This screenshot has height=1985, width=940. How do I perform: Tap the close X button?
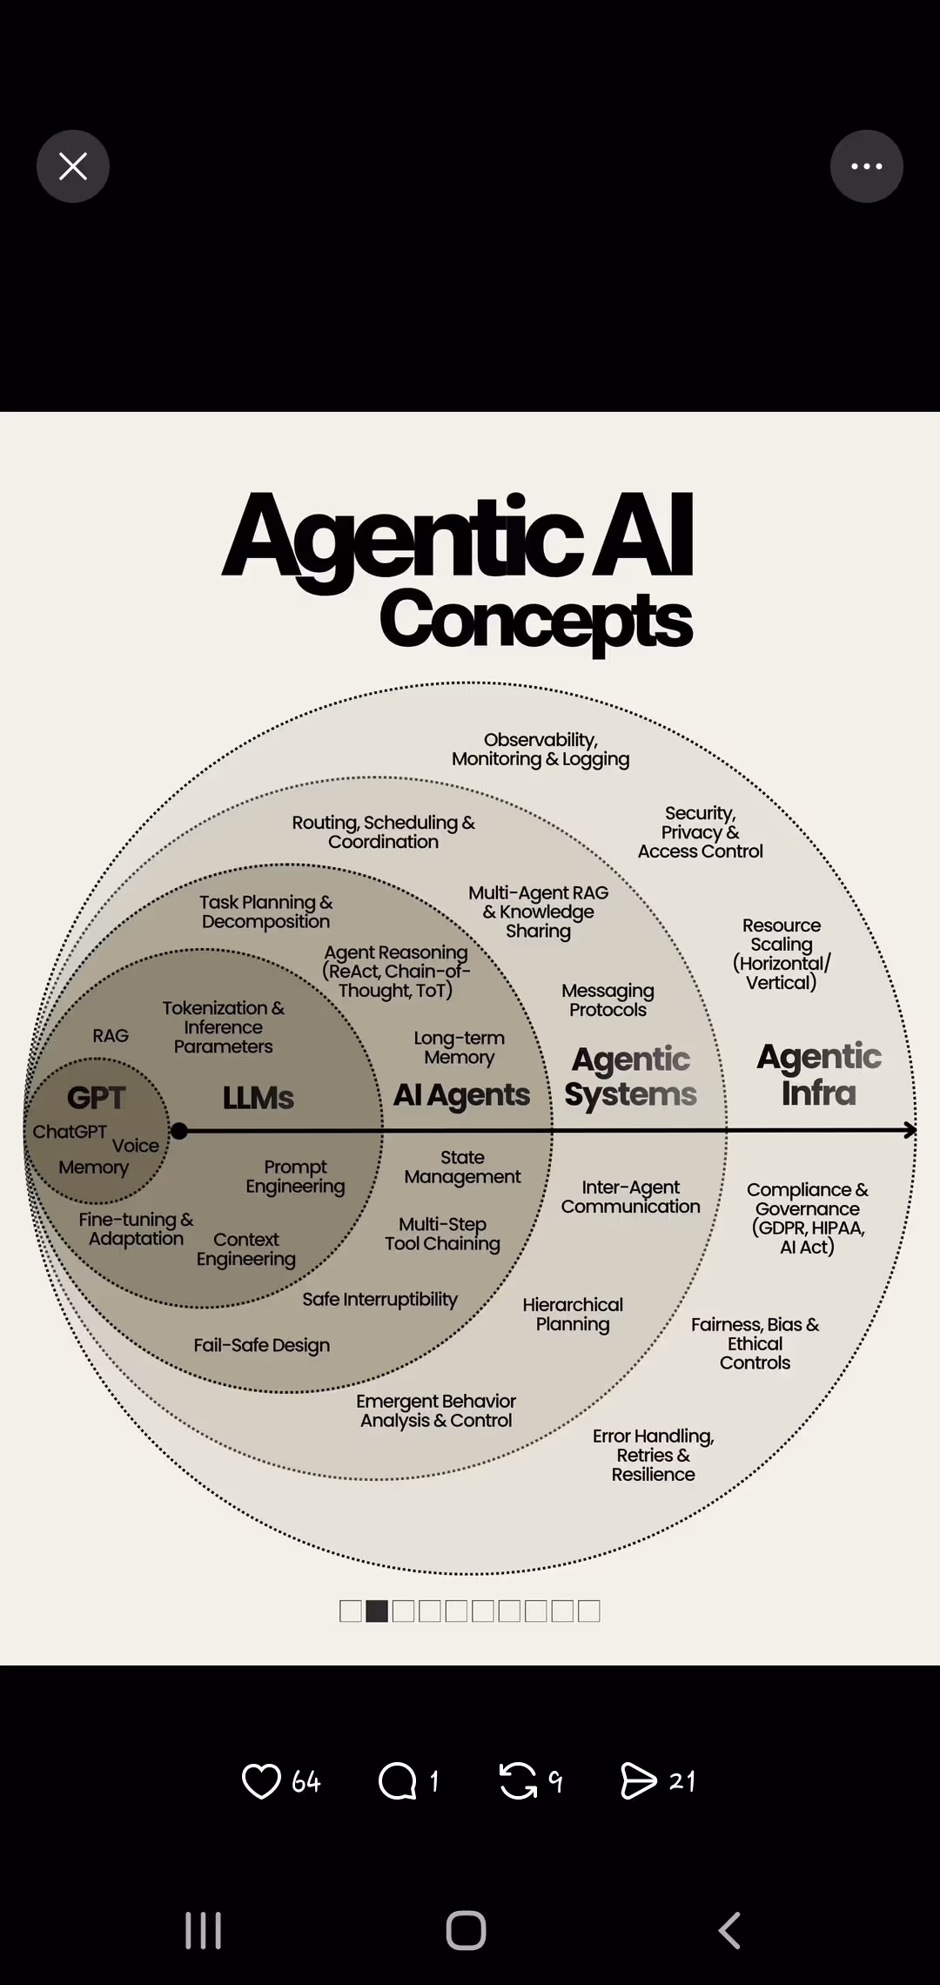click(73, 166)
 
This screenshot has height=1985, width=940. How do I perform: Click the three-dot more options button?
click(866, 166)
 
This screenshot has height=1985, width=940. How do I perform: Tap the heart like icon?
click(261, 1781)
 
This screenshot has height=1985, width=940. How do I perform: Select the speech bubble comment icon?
click(398, 1781)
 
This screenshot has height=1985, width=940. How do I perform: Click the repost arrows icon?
click(519, 1781)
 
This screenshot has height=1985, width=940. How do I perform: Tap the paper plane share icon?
click(639, 1781)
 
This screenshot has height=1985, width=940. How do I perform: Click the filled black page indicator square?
click(377, 1612)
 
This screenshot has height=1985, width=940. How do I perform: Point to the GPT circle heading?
click(97, 1098)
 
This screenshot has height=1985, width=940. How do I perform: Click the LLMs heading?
click(258, 1098)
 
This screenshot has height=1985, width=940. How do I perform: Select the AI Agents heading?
click(461, 1095)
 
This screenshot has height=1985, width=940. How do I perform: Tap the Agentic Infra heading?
click(819, 1074)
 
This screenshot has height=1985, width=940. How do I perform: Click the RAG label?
click(111, 1036)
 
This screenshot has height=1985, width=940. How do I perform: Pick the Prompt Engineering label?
click(295, 1177)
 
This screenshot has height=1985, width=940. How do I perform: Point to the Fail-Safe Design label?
click(262, 1345)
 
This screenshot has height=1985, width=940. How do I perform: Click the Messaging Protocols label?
click(608, 1000)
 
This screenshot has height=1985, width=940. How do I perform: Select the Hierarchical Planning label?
click(573, 1315)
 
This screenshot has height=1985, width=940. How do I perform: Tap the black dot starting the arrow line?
click(179, 1131)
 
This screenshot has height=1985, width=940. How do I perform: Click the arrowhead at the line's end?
click(910, 1131)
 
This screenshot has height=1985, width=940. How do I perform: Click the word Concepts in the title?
click(536, 620)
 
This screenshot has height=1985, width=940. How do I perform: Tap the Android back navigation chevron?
click(729, 1930)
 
